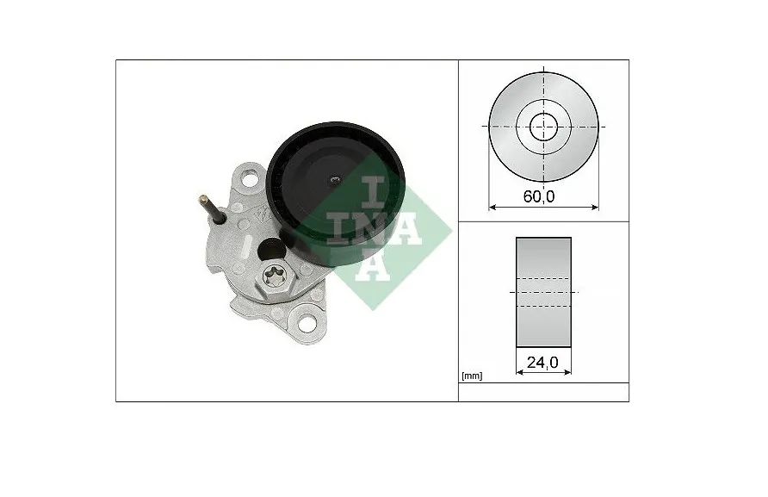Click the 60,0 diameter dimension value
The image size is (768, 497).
coord(539,196)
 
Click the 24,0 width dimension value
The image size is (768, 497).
coord(542,363)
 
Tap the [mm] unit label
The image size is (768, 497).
coord(472,376)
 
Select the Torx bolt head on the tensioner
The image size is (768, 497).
coord(272,278)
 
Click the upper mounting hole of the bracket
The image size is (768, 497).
coord(251,178)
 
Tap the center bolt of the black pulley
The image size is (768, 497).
coord(335,181)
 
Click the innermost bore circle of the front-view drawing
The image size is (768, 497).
coord(543,127)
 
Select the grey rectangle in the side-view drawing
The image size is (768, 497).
coord(543,292)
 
